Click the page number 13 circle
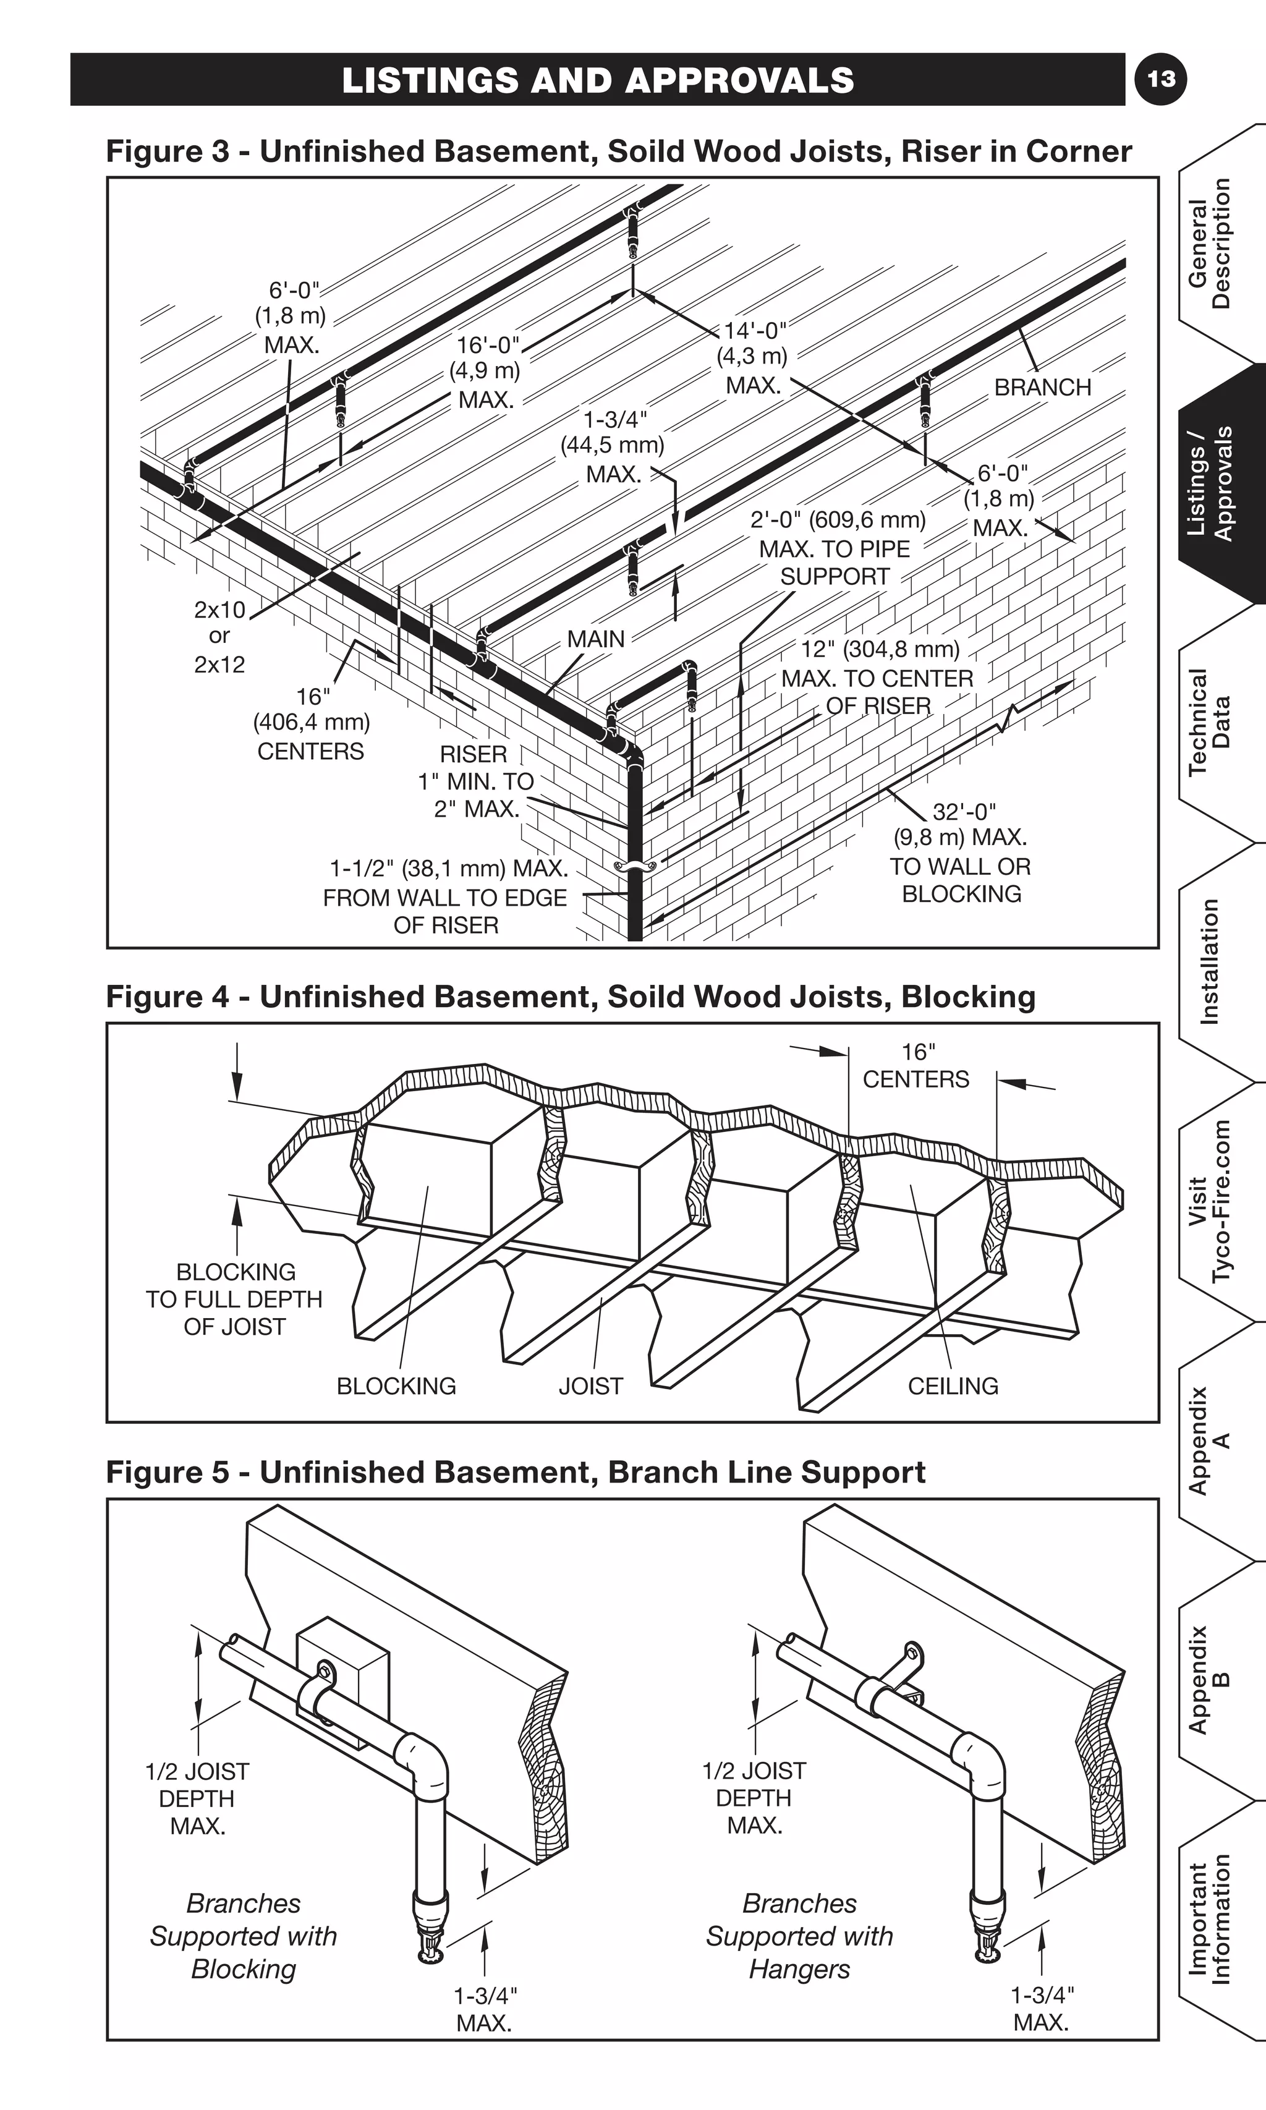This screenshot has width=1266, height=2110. click(x=1161, y=79)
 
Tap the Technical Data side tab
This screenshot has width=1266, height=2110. click(x=1210, y=721)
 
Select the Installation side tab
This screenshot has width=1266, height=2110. click(x=1210, y=961)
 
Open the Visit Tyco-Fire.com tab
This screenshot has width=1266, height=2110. click(x=1210, y=1201)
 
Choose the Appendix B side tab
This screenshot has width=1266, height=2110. click(x=1210, y=1680)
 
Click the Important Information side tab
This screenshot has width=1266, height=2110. click(x=1210, y=1919)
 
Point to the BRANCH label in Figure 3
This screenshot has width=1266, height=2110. click(x=1042, y=388)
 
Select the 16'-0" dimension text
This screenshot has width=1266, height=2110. click(x=487, y=345)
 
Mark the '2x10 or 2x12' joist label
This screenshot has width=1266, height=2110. click(x=219, y=637)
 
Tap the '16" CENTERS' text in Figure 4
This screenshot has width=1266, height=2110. click(x=916, y=1066)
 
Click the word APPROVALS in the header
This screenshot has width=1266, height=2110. click(x=739, y=80)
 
